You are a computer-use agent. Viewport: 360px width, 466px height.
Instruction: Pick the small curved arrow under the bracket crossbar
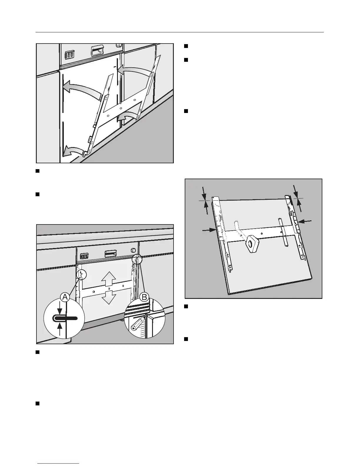(x=128, y=117)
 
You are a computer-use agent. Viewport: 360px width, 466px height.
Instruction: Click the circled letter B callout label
(x=144, y=297)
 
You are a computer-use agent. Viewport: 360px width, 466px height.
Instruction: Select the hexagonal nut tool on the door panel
(x=251, y=244)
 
